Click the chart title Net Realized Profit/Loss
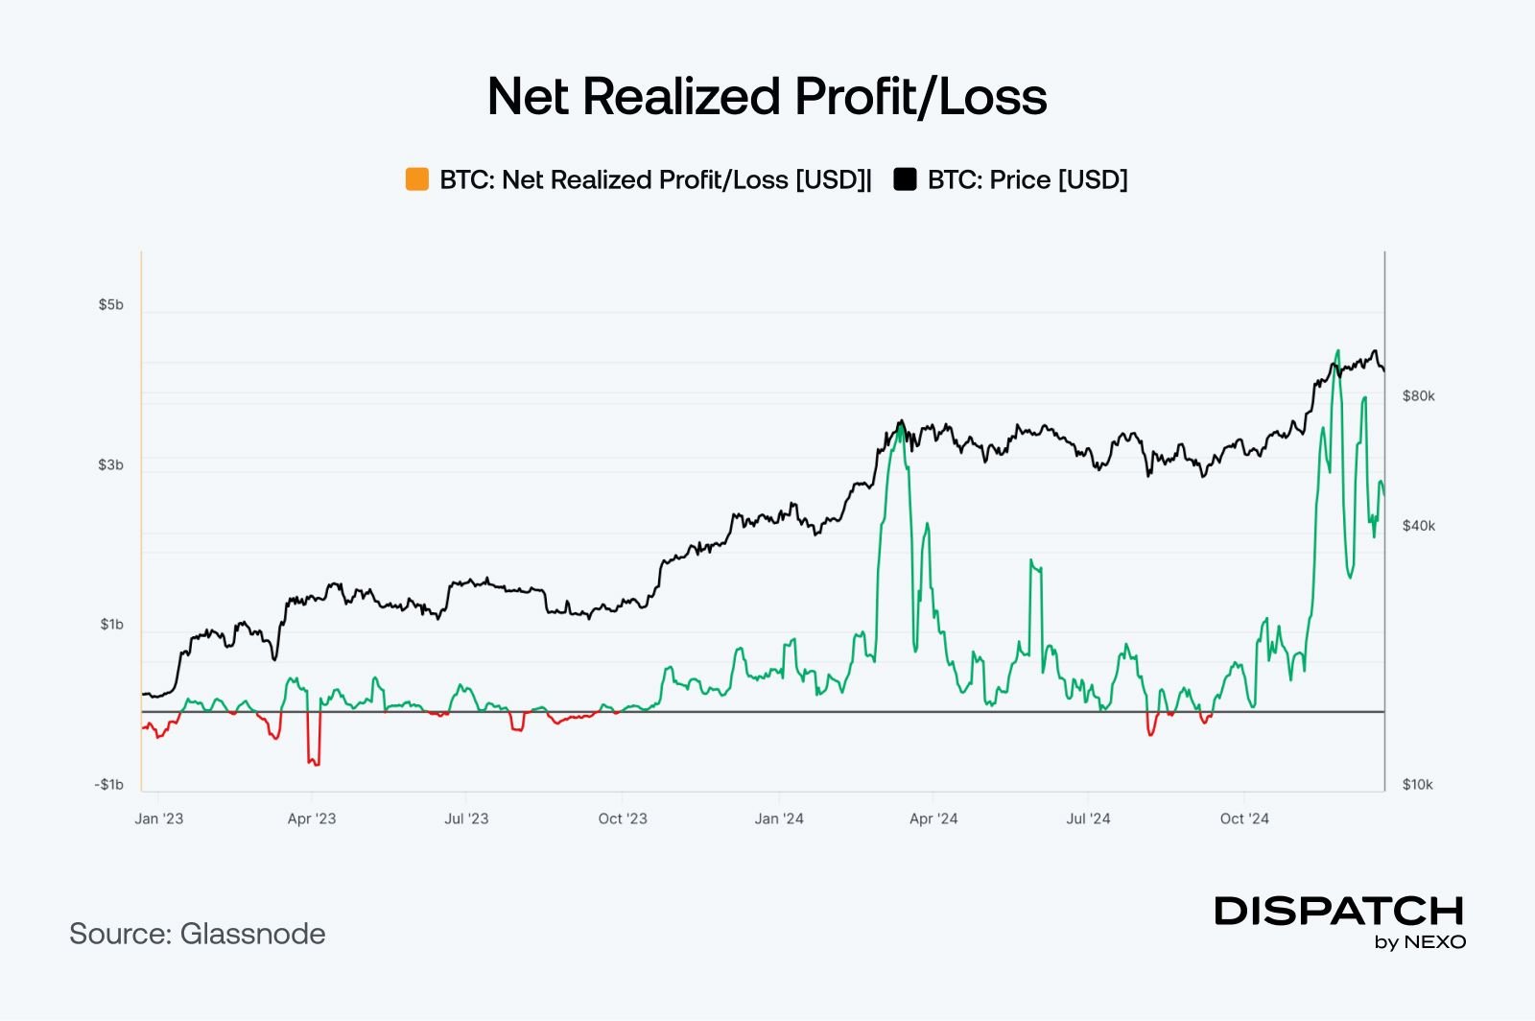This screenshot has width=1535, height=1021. tap(767, 97)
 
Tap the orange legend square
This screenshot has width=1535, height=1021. tap(417, 179)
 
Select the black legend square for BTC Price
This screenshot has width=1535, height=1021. tap(905, 179)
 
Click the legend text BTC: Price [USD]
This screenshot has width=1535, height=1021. tap(1027, 179)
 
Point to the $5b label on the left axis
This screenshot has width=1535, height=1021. tap(110, 304)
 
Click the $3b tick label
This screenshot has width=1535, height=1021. tap(110, 464)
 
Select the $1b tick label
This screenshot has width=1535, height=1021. tap(111, 625)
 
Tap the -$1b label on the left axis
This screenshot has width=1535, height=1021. tap(108, 784)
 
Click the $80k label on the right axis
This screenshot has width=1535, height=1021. tap(1418, 395)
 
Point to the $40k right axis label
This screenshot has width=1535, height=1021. tap(1418, 526)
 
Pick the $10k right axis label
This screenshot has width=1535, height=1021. tap(1417, 784)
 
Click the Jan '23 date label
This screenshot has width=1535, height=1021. tap(158, 819)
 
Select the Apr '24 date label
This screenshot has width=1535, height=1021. tap(933, 819)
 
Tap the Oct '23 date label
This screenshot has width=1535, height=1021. tap(623, 819)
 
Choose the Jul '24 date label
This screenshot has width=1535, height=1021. tap(1088, 819)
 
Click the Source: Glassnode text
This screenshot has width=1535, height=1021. tap(198, 934)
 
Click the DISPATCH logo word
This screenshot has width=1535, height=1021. tap(1339, 911)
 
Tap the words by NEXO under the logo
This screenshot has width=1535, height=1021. tap(1420, 942)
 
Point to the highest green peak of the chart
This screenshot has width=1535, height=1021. tap(1337, 351)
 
